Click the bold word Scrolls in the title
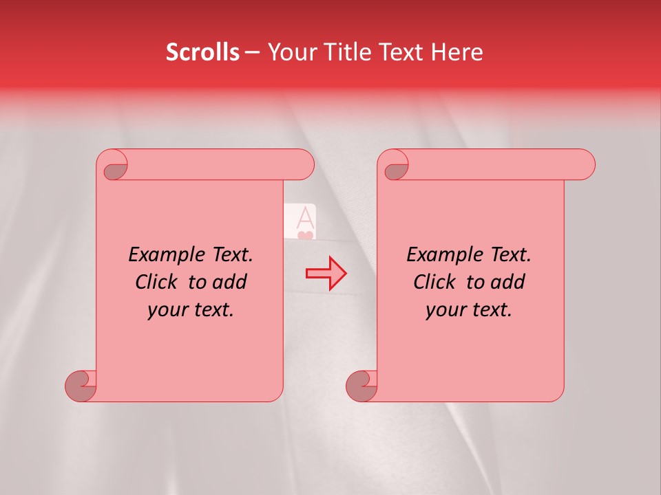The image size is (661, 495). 203,52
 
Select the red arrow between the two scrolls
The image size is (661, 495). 326,274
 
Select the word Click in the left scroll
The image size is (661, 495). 159,282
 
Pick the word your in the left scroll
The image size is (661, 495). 165,311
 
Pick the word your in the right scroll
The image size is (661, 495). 443,311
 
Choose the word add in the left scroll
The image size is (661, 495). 231,282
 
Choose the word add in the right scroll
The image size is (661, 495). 509,282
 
